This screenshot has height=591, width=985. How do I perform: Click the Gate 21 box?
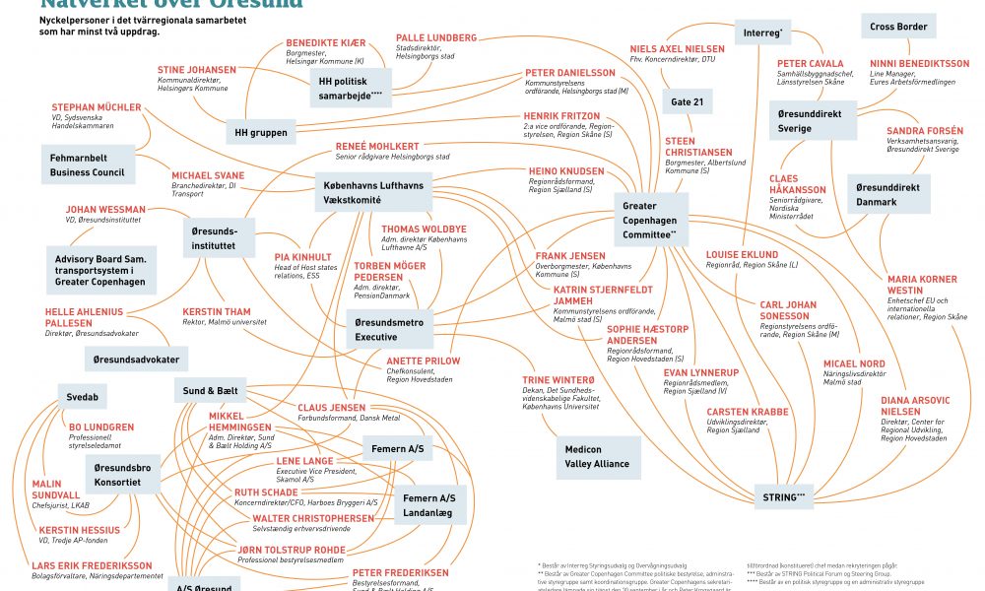688,102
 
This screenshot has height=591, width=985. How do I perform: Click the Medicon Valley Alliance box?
597,456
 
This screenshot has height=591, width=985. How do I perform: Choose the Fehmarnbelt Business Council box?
88,164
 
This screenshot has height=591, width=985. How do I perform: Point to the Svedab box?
81,395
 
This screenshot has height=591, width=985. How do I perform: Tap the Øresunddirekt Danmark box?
889,194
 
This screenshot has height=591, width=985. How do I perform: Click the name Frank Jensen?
570,256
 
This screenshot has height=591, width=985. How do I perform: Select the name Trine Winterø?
558,380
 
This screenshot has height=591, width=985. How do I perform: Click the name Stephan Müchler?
97,107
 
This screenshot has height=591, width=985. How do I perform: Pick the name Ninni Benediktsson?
919,64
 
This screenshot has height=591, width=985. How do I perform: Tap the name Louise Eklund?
742,255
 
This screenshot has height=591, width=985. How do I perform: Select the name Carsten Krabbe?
748,412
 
